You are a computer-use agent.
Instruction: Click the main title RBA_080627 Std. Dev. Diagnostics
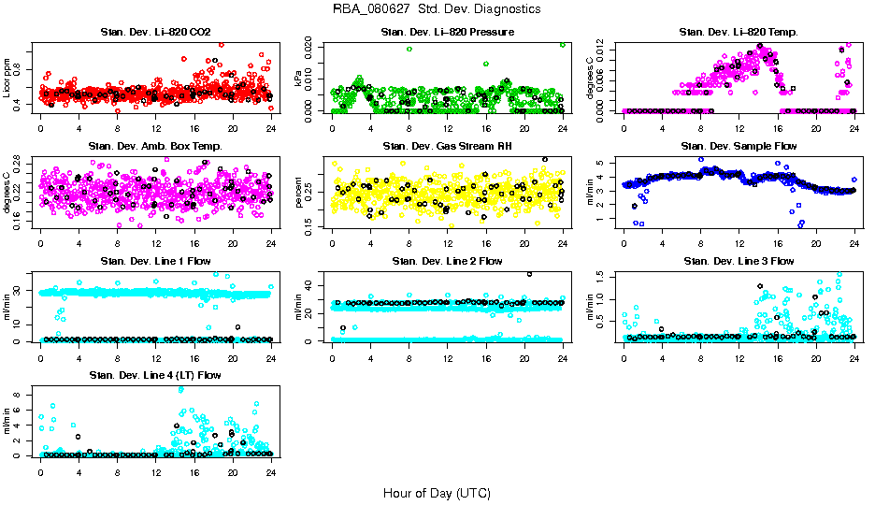pos(437,9)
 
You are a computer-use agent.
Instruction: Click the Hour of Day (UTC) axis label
pos(437,492)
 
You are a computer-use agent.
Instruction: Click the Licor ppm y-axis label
pos(7,78)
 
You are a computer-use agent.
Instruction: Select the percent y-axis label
pos(298,192)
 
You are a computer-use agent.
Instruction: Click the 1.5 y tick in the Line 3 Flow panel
pos(606,277)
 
